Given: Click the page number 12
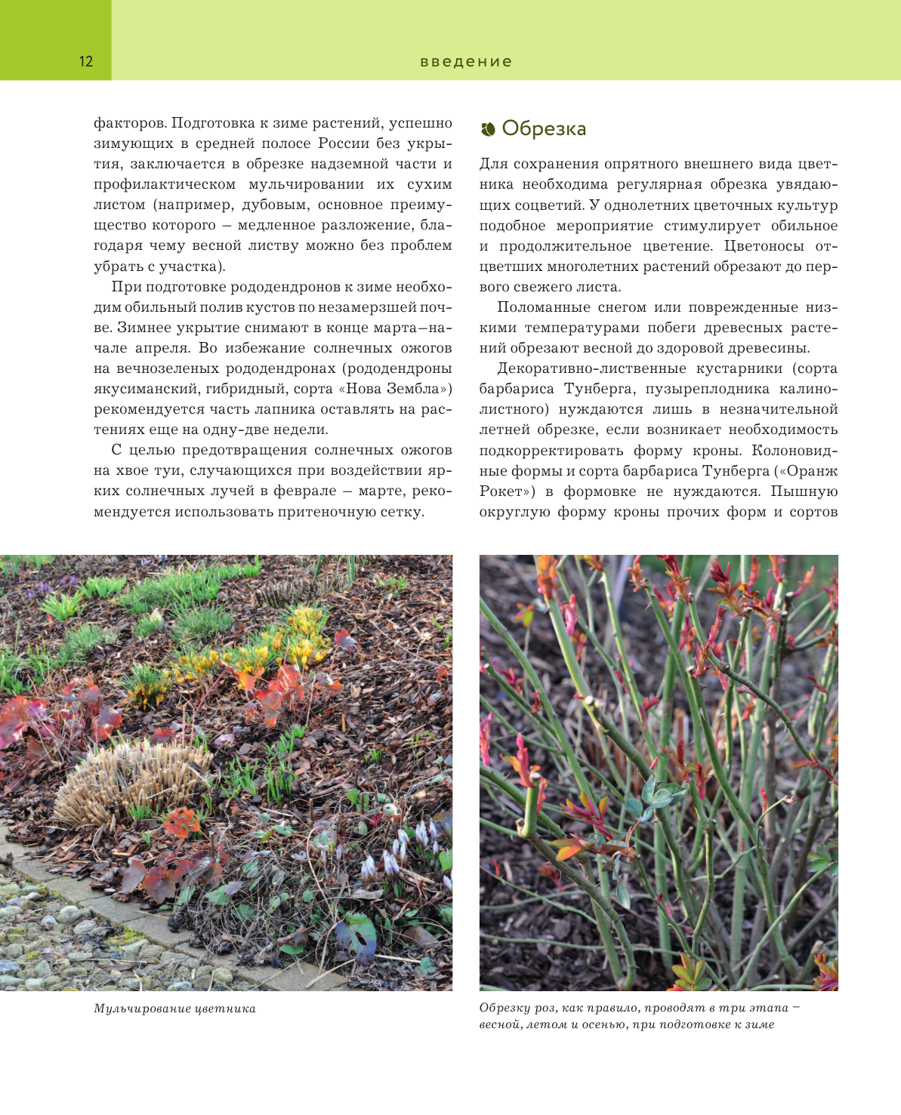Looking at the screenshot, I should coord(86,62).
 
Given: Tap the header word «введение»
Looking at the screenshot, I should coord(466,62).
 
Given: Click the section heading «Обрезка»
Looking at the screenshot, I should coord(544,128).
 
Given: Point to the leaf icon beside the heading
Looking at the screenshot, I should coord(488,129).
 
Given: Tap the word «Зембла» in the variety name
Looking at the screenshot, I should coord(413,389).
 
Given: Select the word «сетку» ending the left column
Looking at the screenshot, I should coord(402,512).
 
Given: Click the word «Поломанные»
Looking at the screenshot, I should coord(539,307).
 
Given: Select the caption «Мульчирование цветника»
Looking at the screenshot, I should coord(174,1009).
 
